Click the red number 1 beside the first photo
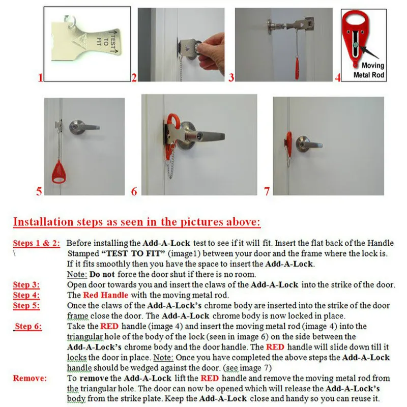tap(40, 78)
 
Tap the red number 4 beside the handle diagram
tap(338, 77)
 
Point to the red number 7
tap(267, 191)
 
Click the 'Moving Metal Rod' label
tap(369, 70)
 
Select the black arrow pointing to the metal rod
tap(368, 52)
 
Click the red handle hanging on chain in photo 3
tap(297, 69)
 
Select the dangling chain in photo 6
tap(170, 167)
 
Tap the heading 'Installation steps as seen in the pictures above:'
tap(136, 222)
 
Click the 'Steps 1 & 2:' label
tap(36, 243)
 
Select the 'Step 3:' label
tap(26, 285)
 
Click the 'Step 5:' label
tap(26, 306)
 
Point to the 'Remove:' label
tap(30, 378)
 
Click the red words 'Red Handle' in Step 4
tap(105, 295)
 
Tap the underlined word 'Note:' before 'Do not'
tap(77, 274)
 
